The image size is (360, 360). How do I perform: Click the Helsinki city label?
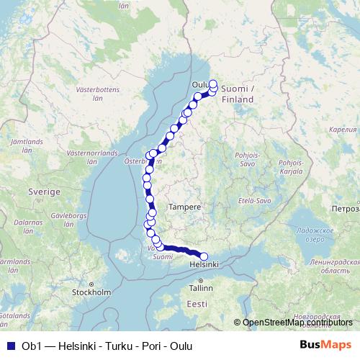click(202, 265)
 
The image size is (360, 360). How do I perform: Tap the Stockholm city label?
click(91, 292)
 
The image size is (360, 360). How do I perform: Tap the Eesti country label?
click(196, 305)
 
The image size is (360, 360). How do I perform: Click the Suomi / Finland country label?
click(238, 93)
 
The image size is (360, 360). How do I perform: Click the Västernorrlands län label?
click(88, 158)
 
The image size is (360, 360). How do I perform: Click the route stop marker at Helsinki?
click(204, 256)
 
